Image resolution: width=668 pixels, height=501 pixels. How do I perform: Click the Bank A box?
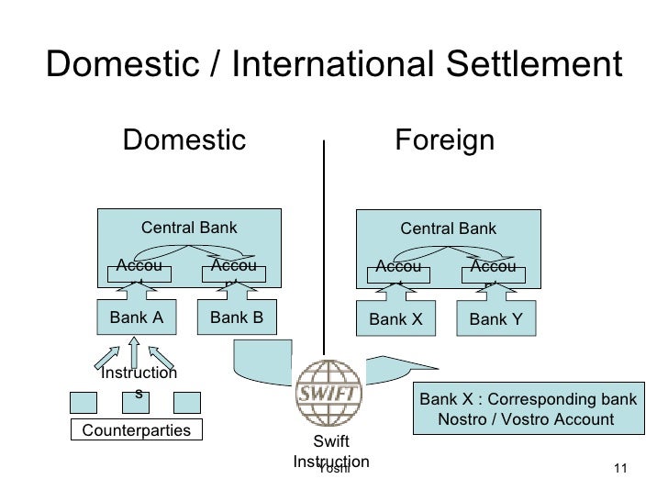point(136,318)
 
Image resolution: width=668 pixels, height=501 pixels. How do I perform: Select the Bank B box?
point(237,318)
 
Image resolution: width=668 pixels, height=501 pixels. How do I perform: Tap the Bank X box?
point(395,320)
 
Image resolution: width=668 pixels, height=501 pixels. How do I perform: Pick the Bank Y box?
point(495,320)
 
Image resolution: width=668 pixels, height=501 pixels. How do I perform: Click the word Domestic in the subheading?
point(184,141)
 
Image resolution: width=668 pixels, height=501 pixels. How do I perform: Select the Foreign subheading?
point(444,141)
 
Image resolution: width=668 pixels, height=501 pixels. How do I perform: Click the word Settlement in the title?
point(529,64)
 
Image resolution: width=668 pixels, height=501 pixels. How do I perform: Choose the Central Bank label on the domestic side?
point(188,227)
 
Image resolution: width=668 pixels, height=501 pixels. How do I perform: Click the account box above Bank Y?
point(492,270)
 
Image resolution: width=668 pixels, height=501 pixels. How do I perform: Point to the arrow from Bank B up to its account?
point(236,291)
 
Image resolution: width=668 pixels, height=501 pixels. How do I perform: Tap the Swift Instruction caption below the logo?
point(330,453)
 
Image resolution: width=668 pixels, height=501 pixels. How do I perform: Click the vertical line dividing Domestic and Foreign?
point(324,248)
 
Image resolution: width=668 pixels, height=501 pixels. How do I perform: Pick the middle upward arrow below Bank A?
point(135,352)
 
